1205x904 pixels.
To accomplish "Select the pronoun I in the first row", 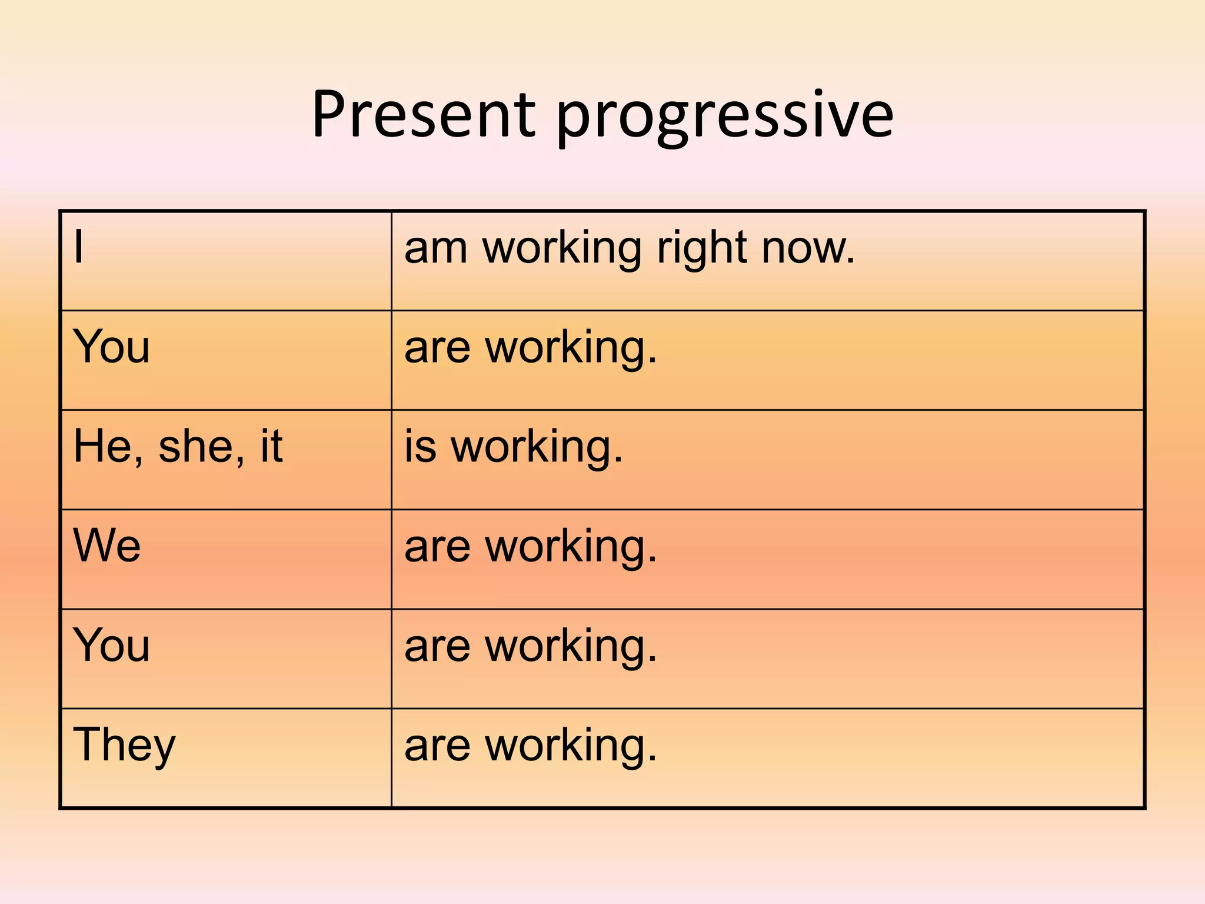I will coord(79,247).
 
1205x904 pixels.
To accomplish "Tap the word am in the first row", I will coord(436,248).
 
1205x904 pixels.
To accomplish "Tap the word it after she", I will coord(271,447).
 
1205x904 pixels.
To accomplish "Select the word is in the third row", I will coord(420,447).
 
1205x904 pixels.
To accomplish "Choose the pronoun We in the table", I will coord(106,546).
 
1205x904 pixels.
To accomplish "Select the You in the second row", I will coord(111,347).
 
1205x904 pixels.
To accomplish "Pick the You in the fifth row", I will coord(111,646).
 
